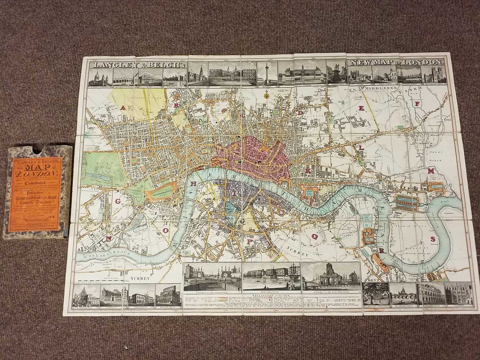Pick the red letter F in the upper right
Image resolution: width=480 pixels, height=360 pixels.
click(x=417, y=104)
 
